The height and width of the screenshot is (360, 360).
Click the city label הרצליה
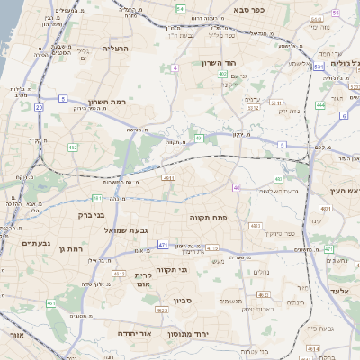pyautogui.click(x=117, y=49)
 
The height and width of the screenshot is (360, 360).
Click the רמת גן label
pyautogui.click(x=68, y=249)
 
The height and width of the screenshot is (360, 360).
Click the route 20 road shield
pyautogui.click(x=40, y=107)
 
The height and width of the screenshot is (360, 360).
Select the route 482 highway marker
pyautogui.click(x=73, y=147)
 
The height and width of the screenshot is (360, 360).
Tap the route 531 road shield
pyautogui.click(x=319, y=66)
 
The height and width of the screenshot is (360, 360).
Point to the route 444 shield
pyautogui.click(x=319, y=104)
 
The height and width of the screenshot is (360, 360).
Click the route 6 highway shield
pyautogui.click(x=343, y=116)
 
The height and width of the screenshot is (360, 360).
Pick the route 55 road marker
pyautogui.click(x=335, y=13)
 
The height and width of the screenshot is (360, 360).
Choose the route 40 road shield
pyautogui.click(x=237, y=188)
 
